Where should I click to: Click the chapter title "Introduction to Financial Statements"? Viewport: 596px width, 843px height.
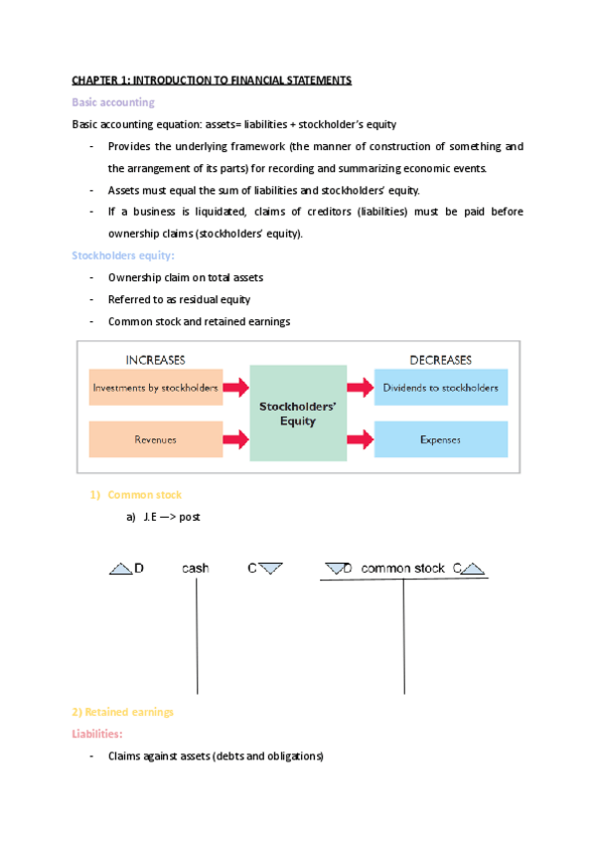tap(212, 80)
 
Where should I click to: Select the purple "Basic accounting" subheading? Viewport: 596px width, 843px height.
tap(112, 101)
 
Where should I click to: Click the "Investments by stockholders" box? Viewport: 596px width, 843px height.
tap(155, 387)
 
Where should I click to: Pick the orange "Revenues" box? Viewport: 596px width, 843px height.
tap(155, 437)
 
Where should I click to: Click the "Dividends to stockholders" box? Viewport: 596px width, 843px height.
tap(441, 387)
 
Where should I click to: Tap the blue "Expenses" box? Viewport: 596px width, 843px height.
tap(441, 437)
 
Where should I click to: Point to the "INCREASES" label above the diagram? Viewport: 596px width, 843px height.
tap(155, 359)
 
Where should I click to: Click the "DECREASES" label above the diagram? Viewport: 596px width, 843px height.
tap(441, 359)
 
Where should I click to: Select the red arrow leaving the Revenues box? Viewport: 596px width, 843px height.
tap(235, 437)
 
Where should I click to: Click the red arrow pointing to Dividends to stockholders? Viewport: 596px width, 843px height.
tap(359, 387)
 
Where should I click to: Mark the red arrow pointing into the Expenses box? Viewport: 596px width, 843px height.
tap(359, 437)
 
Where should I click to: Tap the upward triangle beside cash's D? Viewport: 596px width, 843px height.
tap(120, 569)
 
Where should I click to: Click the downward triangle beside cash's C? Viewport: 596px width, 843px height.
tap(271, 569)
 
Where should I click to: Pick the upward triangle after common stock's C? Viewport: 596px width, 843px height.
tap(473, 569)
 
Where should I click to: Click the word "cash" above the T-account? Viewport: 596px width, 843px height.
tap(196, 569)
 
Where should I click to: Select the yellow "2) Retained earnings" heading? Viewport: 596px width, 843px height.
tap(122, 712)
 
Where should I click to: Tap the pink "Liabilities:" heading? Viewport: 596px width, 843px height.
tap(98, 734)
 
